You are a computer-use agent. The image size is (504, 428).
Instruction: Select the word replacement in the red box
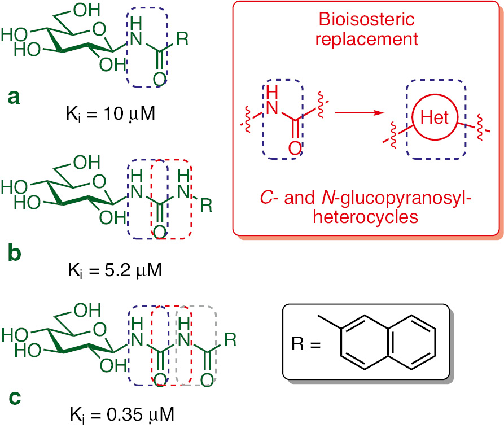367,40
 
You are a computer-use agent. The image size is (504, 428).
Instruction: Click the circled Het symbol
434,118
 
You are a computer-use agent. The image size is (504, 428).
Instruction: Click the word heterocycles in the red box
367,218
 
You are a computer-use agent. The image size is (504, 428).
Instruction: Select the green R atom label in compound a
182,40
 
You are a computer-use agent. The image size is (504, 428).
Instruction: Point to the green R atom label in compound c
230,340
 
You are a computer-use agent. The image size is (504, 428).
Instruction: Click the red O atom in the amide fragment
295,149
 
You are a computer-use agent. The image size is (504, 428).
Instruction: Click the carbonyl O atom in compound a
159,77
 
